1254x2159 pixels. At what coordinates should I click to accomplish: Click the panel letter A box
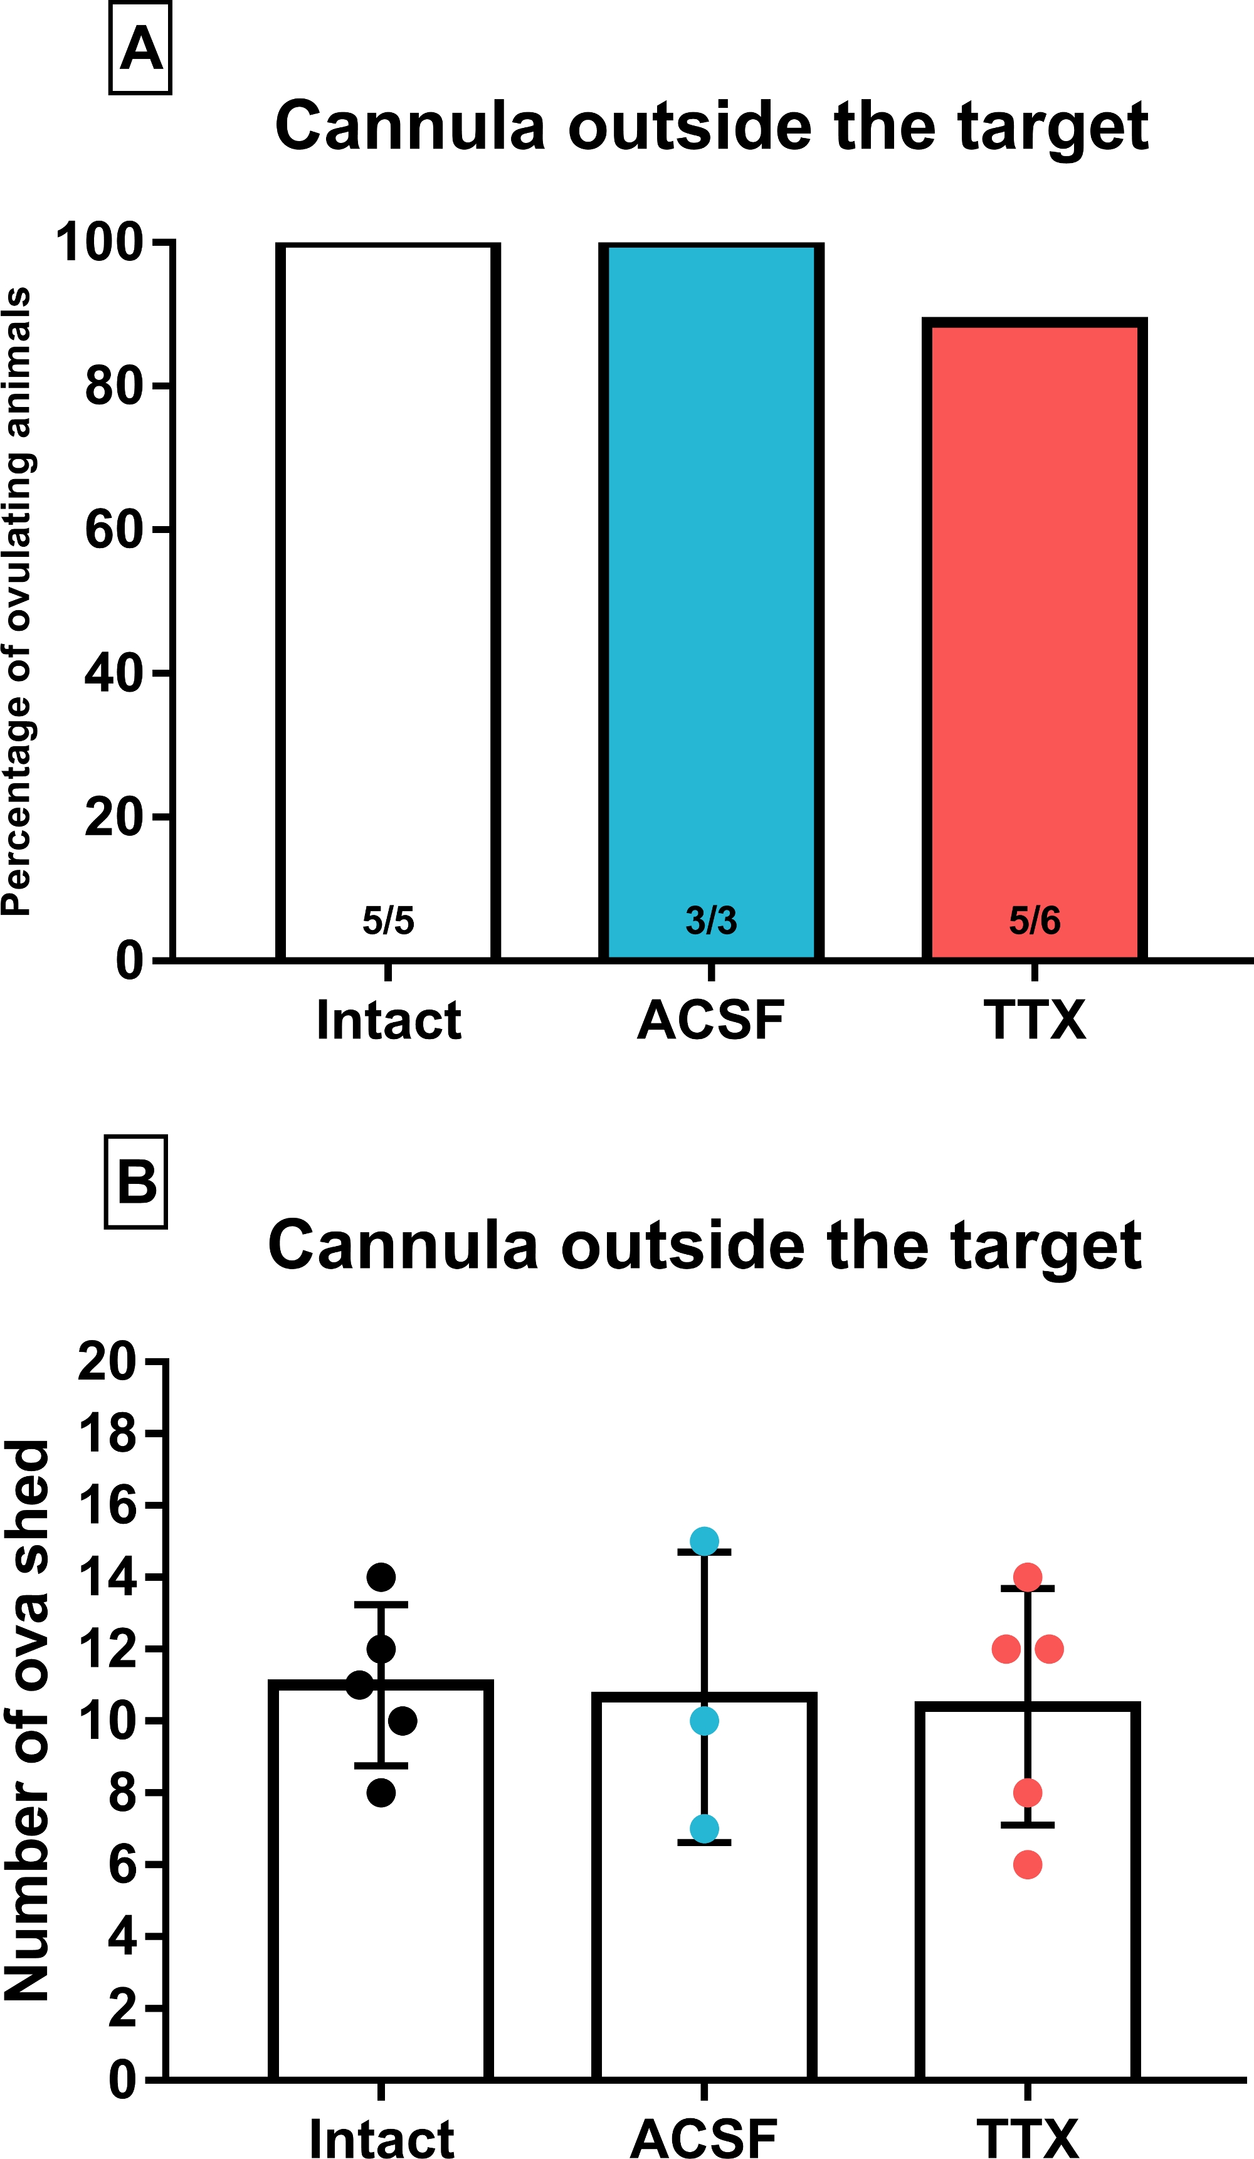point(140,48)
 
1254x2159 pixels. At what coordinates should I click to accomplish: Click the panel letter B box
point(135,1182)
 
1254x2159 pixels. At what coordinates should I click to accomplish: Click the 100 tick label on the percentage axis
point(99,243)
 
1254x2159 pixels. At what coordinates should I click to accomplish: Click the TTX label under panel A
point(1034,1020)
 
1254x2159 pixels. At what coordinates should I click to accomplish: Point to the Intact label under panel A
point(388,1020)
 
